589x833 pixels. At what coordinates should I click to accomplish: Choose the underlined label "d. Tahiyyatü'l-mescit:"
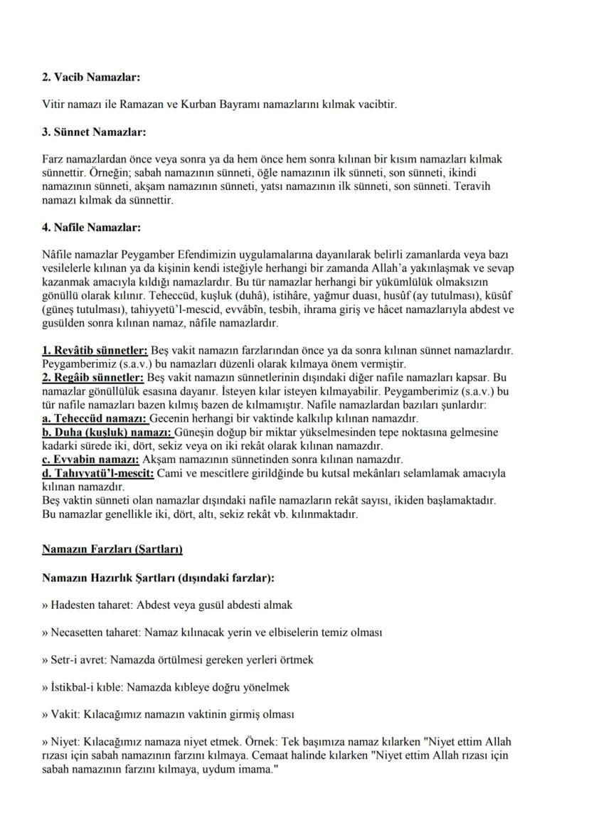tap(97, 473)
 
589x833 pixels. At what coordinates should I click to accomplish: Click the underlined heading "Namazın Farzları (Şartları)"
tap(112, 549)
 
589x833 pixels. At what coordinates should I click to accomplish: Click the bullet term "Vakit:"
tap(63, 713)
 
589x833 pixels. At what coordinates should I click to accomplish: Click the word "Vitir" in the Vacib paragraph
tap(54, 105)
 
